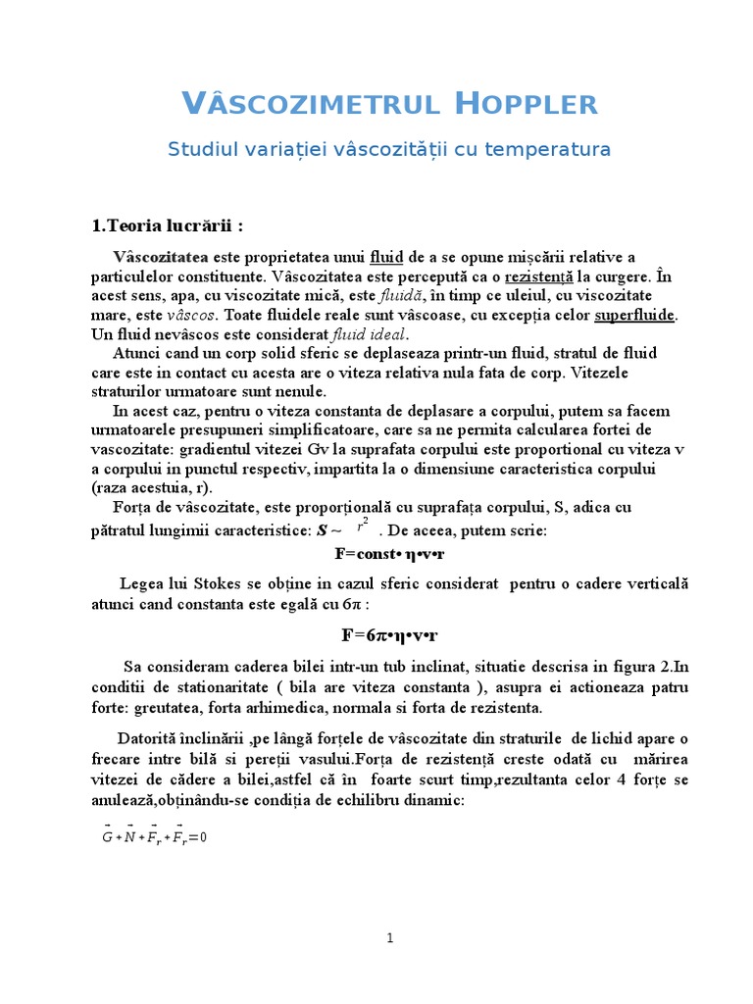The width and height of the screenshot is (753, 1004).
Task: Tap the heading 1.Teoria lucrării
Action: [167, 226]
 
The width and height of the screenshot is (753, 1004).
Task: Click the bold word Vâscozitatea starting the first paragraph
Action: [161, 257]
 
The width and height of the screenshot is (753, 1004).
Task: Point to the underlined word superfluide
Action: [635, 315]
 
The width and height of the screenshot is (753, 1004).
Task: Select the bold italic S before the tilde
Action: [321, 530]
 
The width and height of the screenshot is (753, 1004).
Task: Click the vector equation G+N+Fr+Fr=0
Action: [155, 836]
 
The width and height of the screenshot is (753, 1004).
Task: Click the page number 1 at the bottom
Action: [389, 938]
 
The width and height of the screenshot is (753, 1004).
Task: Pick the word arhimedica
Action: [271, 707]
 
